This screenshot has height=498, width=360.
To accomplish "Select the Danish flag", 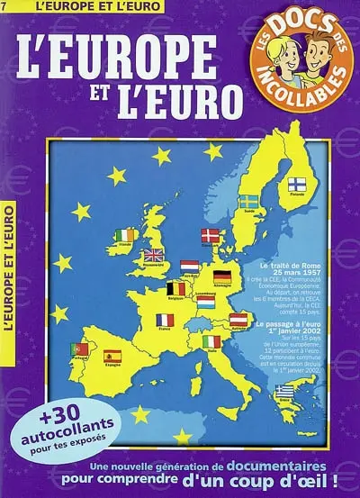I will [209, 236].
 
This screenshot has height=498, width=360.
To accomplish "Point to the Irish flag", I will [126, 235].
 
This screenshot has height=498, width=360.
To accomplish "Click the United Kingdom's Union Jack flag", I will [154, 256].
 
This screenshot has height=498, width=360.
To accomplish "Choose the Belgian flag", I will [177, 289].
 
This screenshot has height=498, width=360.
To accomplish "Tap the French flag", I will [165, 320].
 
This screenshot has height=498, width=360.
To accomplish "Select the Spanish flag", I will [112, 357].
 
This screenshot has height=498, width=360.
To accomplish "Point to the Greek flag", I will [284, 390].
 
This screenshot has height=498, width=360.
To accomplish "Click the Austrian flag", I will [238, 319].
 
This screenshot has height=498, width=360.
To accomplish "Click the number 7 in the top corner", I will [4, 7].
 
